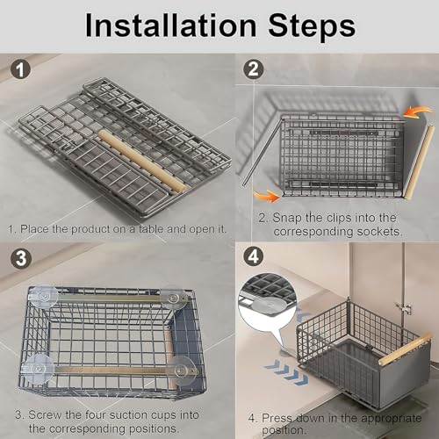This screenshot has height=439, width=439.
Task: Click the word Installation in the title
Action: pyautogui.click(x=171, y=25)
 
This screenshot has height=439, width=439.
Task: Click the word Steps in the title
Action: pyautogui.click(x=312, y=26)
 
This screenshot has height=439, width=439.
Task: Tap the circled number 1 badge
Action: pyautogui.click(x=20, y=69)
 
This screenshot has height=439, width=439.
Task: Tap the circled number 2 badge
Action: pyautogui.click(x=253, y=69)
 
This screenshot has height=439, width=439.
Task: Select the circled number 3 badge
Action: pyautogui.click(x=20, y=258)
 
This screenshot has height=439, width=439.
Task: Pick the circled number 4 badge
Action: pyautogui.click(x=253, y=256)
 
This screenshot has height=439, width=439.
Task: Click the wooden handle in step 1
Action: pyautogui.click(x=143, y=162)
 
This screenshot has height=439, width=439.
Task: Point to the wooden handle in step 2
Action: pyautogui.click(x=419, y=162)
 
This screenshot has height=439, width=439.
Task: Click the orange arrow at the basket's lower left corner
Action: pyautogui.click(x=266, y=196)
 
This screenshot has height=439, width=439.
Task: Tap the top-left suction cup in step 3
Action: pyautogui.click(x=44, y=297)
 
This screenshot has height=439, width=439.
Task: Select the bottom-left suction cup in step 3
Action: pyautogui.click(x=37, y=369)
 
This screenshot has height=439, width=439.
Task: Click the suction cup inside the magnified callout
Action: pyautogui.click(x=270, y=306)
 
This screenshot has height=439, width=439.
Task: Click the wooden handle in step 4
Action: pyautogui.click(x=406, y=349)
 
